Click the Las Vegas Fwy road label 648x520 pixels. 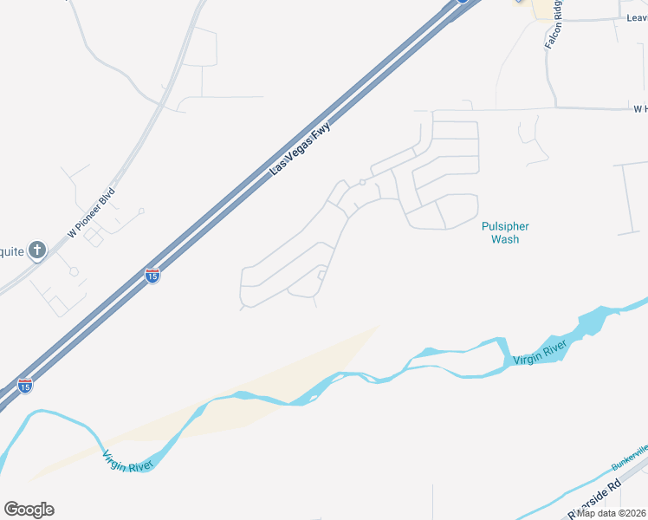coord(301,148)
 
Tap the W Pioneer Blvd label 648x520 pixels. coord(91,212)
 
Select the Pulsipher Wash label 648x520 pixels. coord(505,232)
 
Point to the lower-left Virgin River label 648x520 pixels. coord(126,461)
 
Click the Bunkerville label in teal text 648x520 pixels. coord(630,457)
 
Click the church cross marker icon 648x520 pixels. coord(36,250)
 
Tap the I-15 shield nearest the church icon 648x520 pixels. coord(152,276)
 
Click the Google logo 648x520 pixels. coord(29,510)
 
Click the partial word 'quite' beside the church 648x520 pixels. coord(12,252)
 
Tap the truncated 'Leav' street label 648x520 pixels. coord(636,16)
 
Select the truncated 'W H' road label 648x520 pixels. coord(640,109)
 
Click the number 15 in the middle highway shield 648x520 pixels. coord(152,276)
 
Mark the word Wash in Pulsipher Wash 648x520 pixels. coord(505,238)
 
